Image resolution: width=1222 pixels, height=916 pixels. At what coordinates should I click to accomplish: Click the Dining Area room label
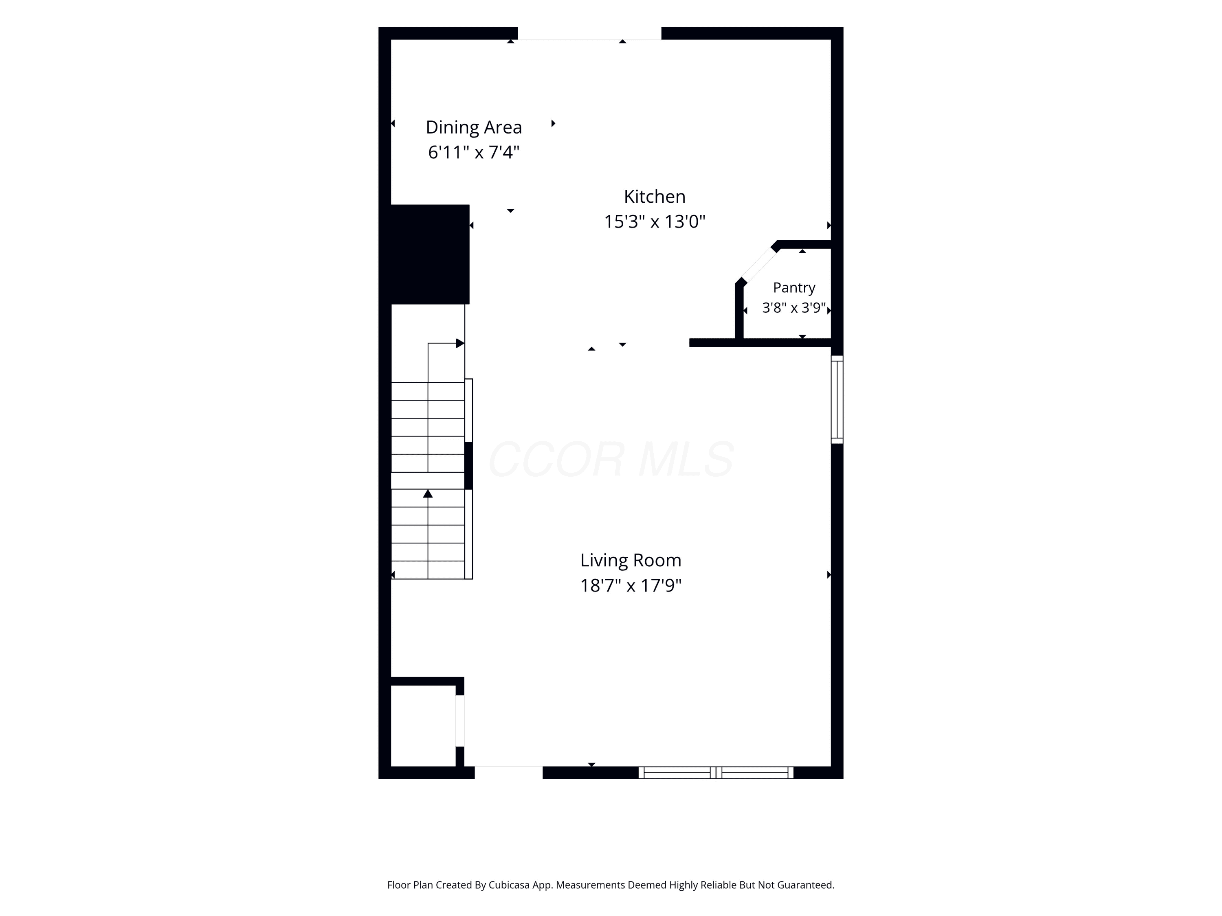click(473, 127)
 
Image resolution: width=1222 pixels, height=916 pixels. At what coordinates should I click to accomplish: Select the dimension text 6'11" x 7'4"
click(473, 152)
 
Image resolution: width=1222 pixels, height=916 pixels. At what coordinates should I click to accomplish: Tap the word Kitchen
click(655, 197)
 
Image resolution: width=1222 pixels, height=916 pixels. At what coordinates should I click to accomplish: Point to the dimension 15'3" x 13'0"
click(655, 221)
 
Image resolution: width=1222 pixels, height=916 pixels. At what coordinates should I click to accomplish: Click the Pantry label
click(794, 288)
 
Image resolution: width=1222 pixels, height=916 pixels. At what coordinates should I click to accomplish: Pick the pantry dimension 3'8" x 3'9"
click(794, 307)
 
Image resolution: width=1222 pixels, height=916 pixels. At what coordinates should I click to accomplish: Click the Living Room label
click(630, 561)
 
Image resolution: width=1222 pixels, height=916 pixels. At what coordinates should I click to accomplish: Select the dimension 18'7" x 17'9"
click(630, 585)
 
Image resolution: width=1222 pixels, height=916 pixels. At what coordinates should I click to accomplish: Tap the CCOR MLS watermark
click(611, 459)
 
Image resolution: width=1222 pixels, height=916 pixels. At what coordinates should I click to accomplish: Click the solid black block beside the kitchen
click(430, 254)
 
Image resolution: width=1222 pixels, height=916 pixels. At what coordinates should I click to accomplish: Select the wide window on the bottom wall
click(716, 772)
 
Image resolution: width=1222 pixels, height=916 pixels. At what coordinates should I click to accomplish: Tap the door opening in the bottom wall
click(508, 772)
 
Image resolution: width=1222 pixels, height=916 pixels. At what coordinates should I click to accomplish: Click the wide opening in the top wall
click(589, 33)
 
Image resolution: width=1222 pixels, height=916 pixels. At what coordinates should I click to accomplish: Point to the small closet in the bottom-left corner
click(423, 725)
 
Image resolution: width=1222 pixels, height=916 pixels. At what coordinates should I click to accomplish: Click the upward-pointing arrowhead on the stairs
click(428, 493)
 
